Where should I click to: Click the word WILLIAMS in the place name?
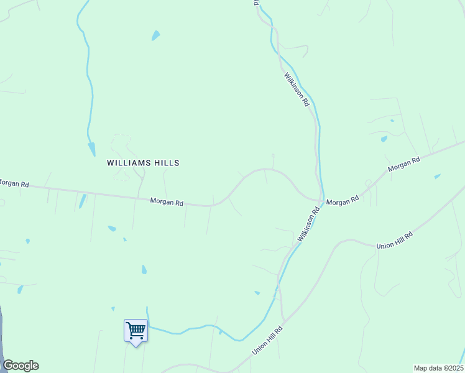127,163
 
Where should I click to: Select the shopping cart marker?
136,330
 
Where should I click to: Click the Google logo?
21,366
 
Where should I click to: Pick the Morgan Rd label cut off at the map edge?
14,183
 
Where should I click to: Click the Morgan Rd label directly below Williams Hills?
167,202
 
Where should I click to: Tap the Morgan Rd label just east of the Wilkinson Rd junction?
343,201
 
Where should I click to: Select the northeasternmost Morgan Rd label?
404,165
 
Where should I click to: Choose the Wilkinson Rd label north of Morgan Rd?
297,89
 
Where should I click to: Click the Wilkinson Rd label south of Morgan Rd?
308,224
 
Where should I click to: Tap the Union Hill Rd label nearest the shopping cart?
267,341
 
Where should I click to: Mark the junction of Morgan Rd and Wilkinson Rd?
321,200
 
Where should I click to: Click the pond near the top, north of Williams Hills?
155,35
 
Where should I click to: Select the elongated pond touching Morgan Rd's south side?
82,201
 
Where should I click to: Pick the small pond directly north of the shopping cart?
144,270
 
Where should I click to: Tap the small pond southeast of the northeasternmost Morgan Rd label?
438,177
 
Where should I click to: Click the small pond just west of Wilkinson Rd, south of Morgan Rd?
257,292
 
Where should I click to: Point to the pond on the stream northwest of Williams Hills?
92,149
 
